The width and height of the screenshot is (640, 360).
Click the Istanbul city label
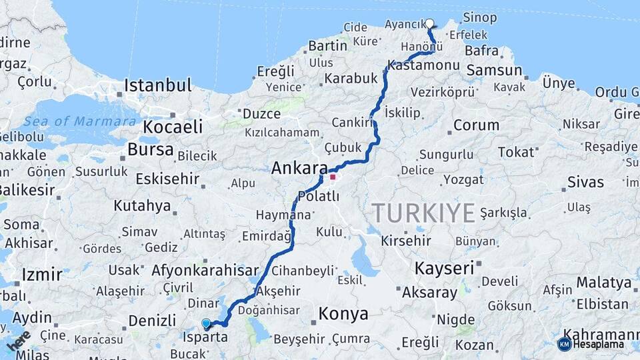click(158, 85)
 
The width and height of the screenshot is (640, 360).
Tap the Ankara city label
click(299, 168)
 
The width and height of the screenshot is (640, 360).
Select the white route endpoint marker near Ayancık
click(429, 23)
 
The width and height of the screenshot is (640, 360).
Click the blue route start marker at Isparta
click(206, 324)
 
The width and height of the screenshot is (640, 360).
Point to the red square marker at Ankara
click(333, 177)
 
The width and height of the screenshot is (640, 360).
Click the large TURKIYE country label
click(423, 213)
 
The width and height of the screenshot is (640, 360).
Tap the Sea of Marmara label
click(81, 121)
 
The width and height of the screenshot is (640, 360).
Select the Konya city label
click(343, 313)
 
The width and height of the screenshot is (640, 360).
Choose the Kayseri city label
click(444, 269)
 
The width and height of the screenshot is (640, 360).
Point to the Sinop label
click(479, 17)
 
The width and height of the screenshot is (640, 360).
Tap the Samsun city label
click(494, 70)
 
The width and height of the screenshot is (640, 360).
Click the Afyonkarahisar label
click(205, 271)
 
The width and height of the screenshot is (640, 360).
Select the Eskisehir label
click(167, 179)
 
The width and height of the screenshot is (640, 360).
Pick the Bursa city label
click(150, 149)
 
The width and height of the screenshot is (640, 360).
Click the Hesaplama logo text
click(598, 344)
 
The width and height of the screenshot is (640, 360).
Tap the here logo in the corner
click(18, 341)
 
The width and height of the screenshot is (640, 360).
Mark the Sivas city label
click(585, 182)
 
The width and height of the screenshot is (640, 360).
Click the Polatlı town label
click(319, 197)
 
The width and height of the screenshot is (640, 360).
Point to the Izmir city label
click(42, 274)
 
